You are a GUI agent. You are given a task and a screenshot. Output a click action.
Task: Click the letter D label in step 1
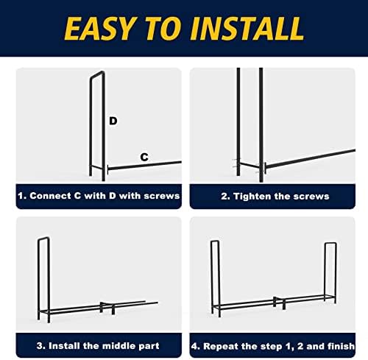[x=113, y=121]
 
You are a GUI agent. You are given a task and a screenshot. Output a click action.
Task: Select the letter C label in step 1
[x=144, y=157]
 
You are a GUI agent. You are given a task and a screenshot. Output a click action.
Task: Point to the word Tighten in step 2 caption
[x=252, y=197]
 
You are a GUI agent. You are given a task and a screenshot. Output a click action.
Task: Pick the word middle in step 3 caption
[x=118, y=346]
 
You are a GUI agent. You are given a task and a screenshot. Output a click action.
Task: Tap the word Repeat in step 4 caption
[x=221, y=347]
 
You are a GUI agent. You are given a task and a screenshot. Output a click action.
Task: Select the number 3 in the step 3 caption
[x=40, y=346]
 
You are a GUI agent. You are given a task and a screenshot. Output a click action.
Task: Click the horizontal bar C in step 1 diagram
[x=145, y=165]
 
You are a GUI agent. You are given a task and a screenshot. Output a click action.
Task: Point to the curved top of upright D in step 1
[x=97, y=74]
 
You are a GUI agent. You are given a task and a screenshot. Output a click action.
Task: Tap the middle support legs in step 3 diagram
[x=107, y=308]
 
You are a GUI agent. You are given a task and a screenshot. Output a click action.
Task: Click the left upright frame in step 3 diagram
[x=43, y=280]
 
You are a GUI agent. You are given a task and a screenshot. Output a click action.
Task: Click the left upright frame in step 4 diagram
[x=215, y=278]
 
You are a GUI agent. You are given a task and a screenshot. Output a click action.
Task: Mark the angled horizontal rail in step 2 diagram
[x=311, y=158]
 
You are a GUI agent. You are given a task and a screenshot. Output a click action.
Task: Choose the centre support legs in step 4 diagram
[x=279, y=303]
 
